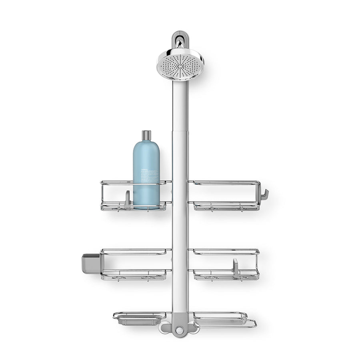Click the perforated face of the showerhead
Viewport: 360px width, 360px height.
[179, 64]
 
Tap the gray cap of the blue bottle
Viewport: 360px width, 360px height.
[146, 136]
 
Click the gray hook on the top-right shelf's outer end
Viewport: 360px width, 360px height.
[265, 195]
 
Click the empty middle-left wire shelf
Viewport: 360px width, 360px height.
[134, 264]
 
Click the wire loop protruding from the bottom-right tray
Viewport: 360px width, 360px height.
[251, 324]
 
